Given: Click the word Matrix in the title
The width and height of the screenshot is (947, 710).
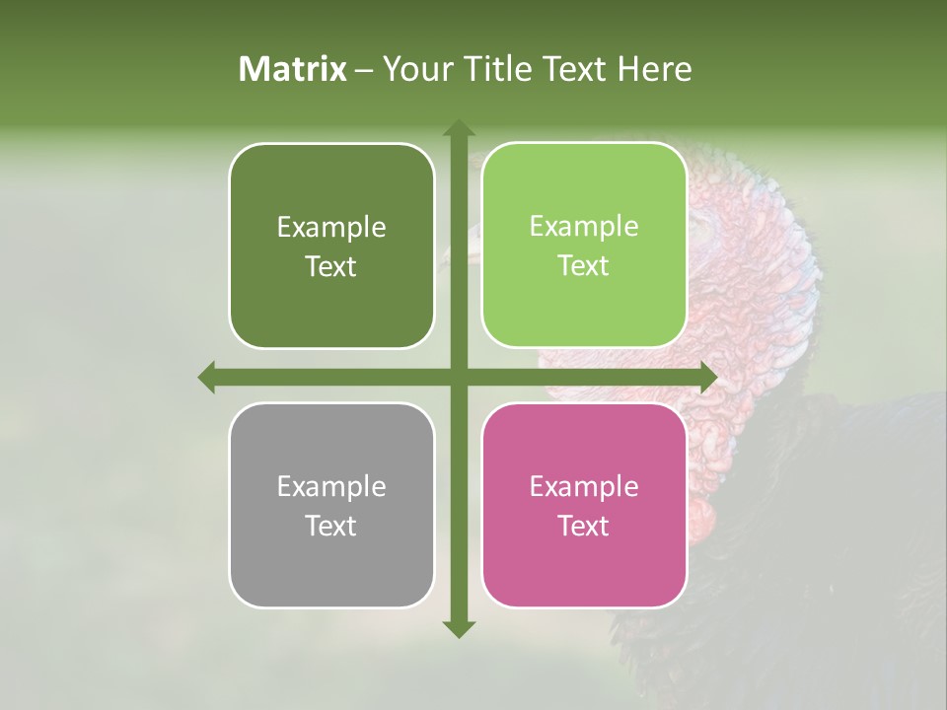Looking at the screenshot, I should click(293, 69).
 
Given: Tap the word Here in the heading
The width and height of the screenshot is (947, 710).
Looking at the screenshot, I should click(654, 69).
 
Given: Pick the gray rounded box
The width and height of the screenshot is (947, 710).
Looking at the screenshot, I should click(331, 572).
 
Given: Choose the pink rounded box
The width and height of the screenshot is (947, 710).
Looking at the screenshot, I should click(584, 572).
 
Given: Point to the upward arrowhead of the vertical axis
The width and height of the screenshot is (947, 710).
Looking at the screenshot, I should click(458, 128).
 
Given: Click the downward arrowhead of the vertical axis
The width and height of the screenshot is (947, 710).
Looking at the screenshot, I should click(458, 628).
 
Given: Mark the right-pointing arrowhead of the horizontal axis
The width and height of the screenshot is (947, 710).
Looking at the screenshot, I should click(707, 378).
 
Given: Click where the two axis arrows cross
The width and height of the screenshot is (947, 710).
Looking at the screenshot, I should click(458, 378).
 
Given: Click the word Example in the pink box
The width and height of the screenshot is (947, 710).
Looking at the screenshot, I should click(584, 486).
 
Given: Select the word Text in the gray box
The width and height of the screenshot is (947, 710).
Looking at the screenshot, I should click(330, 526).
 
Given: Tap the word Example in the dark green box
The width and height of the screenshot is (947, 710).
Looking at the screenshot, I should click(331, 227).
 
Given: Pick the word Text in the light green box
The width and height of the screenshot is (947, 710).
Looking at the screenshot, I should click(584, 266).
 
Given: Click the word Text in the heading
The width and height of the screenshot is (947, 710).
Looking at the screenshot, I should click(576, 69).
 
